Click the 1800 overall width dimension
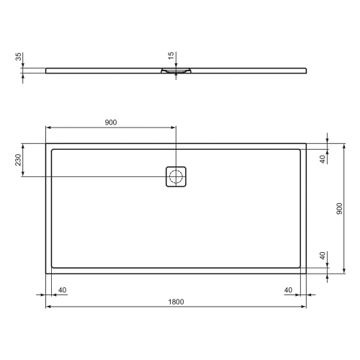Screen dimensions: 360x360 [176, 301]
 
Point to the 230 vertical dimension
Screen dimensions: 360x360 [18, 160]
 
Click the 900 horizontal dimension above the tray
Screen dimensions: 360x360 [110, 122]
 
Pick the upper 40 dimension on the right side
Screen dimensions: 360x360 [323, 159]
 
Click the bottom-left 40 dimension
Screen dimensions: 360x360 [62, 289]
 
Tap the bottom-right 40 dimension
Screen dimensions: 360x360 [289, 289]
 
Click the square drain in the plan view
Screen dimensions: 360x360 [176, 176]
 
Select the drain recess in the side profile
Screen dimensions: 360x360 [176, 71]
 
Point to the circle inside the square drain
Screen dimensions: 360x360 [176, 176]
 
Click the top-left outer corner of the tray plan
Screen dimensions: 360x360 [46, 143]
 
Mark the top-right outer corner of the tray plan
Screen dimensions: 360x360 [306, 143]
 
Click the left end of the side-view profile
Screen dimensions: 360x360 [47, 70]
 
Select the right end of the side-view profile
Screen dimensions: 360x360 [305, 70]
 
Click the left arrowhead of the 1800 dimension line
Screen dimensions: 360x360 [48, 306]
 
